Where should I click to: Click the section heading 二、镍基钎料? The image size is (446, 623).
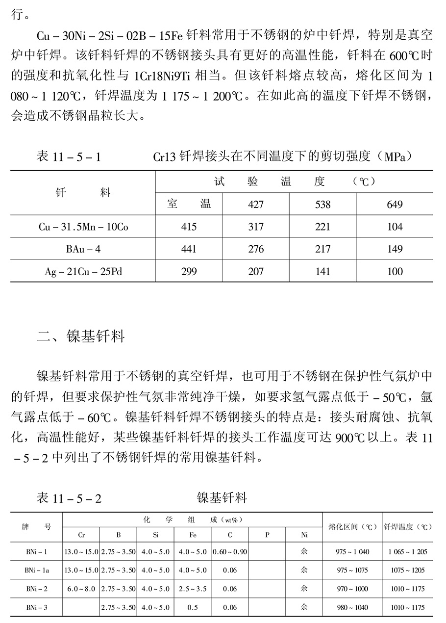(x=81, y=337)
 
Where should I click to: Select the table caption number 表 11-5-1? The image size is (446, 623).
(x=69, y=157)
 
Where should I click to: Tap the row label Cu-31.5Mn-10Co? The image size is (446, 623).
(x=83, y=227)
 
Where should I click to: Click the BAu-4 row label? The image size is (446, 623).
(x=83, y=249)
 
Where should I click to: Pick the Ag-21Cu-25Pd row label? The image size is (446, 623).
(x=83, y=272)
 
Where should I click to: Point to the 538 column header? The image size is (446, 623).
(x=322, y=205)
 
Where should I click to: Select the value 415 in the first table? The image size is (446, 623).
(x=189, y=227)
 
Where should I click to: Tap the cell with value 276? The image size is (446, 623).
(x=256, y=249)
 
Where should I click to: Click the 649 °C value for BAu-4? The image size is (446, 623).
(x=395, y=249)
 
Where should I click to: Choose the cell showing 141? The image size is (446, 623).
(x=322, y=272)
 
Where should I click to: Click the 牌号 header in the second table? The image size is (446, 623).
(x=36, y=527)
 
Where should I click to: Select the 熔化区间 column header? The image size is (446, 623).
(x=352, y=527)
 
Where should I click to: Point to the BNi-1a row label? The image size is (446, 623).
(x=37, y=570)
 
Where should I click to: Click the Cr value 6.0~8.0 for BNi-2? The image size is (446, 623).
(x=81, y=589)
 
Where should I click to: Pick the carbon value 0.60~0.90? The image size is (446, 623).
(x=230, y=552)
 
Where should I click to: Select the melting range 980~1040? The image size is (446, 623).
(x=352, y=607)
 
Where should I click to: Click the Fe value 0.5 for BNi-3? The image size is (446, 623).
(x=193, y=607)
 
